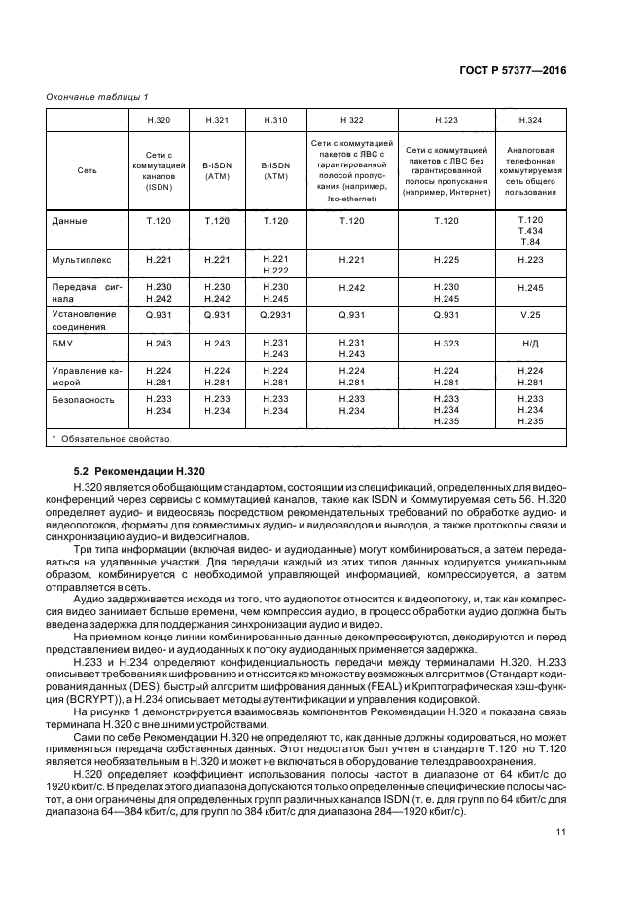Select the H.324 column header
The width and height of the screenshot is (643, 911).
coord(530,119)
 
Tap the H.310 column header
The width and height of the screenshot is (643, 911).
coord(275,119)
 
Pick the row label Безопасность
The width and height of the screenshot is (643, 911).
coord(83,399)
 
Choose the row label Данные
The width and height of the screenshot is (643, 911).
coord(68,221)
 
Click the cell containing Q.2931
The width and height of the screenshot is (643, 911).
coord(275,315)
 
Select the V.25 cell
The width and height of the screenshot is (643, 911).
coord(530,315)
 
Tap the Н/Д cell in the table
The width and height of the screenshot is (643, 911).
coord(530,344)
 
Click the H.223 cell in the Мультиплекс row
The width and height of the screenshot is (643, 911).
coord(530,261)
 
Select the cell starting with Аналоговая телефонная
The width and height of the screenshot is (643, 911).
coord(530,170)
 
